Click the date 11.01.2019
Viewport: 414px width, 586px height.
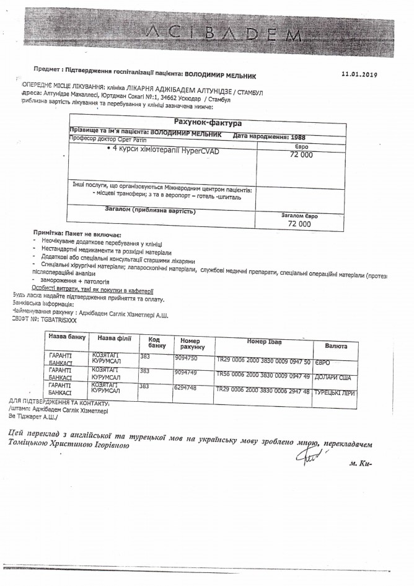click(359, 73)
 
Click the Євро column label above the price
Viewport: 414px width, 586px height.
click(300, 146)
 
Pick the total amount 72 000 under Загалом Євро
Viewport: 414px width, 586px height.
click(299, 224)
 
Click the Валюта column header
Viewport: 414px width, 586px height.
click(335, 345)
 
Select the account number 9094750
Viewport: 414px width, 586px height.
click(187, 358)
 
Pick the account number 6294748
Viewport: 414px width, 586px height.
click(187, 388)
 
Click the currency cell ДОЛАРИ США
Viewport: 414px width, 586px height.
click(333, 376)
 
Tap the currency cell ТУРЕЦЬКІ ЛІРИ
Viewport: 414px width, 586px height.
click(333, 392)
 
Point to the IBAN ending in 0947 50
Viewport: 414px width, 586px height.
click(263, 360)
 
